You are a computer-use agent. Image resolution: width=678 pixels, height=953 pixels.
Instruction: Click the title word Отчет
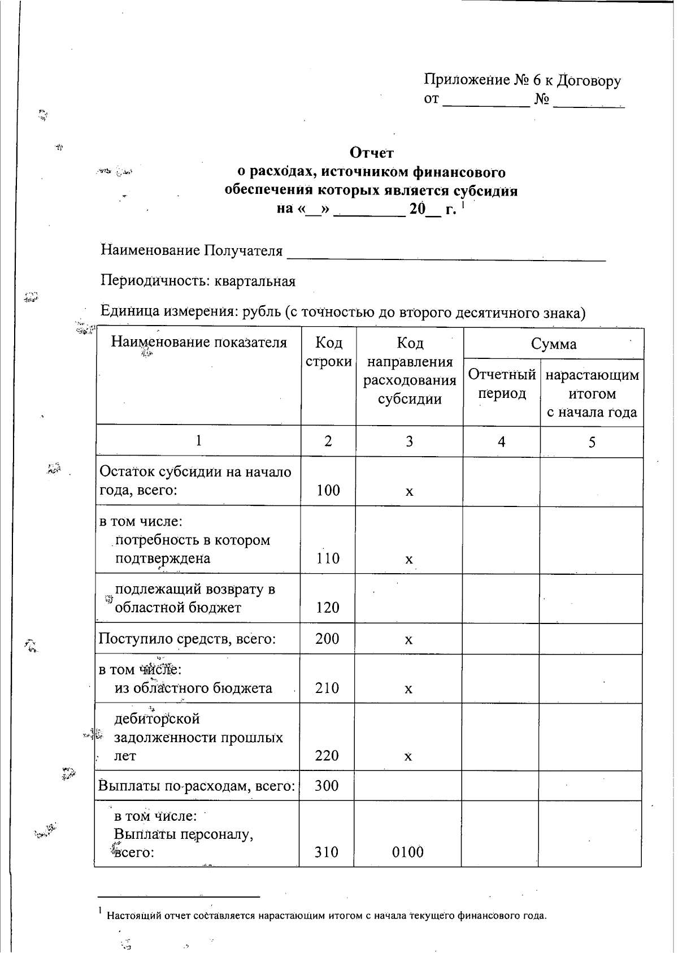(371, 153)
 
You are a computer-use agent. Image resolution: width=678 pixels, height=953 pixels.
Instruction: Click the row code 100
(328, 490)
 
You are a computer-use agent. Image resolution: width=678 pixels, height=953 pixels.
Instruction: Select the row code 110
(328, 558)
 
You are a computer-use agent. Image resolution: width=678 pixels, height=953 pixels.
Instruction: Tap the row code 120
(328, 608)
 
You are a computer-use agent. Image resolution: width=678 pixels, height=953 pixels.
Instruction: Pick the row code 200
(328, 639)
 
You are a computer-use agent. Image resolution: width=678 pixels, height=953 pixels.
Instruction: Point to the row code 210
(328, 688)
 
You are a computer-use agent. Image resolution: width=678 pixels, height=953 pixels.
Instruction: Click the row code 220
(327, 756)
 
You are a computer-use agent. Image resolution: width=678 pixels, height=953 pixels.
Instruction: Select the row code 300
(327, 786)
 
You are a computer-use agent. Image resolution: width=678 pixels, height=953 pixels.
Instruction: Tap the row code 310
(327, 852)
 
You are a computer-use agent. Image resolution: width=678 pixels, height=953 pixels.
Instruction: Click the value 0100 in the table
(408, 852)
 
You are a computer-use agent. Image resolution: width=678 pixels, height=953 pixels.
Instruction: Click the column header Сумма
(554, 344)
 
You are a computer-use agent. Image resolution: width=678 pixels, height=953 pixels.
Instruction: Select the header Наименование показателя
(199, 342)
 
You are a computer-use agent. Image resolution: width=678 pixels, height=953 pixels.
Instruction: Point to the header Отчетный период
(502, 384)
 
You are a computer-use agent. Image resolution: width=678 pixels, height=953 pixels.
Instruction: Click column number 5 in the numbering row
(592, 442)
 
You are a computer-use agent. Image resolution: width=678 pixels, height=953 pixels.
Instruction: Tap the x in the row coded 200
(408, 640)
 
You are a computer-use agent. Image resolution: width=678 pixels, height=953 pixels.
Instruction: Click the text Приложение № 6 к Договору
(522, 81)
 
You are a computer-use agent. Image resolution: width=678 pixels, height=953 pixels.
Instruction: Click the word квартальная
(255, 281)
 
